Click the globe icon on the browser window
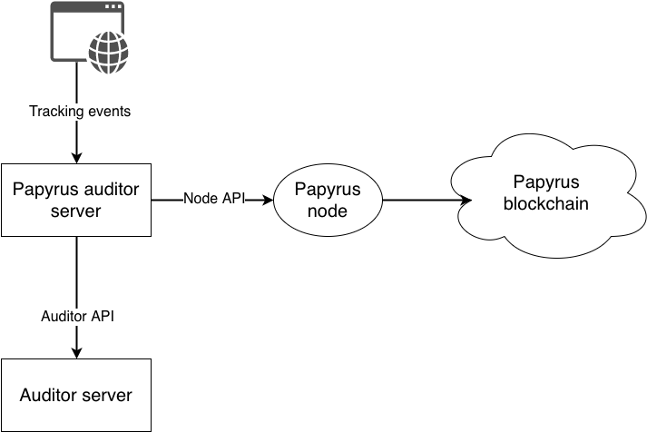tap(108, 54)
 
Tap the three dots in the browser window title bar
tap(113, 6)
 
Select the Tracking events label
tap(80, 111)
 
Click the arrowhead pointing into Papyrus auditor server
tap(77, 158)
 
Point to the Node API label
tap(214, 199)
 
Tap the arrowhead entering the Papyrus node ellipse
tap(268, 200)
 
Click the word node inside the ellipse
tap(328, 211)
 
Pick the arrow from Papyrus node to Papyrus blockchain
tap(427, 200)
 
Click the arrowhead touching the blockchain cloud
tap(466, 200)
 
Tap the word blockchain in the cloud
tap(546, 204)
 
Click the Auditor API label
tap(77, 317)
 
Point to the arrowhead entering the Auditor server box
tap(77, 353)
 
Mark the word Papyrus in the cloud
tap(546, 182)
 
